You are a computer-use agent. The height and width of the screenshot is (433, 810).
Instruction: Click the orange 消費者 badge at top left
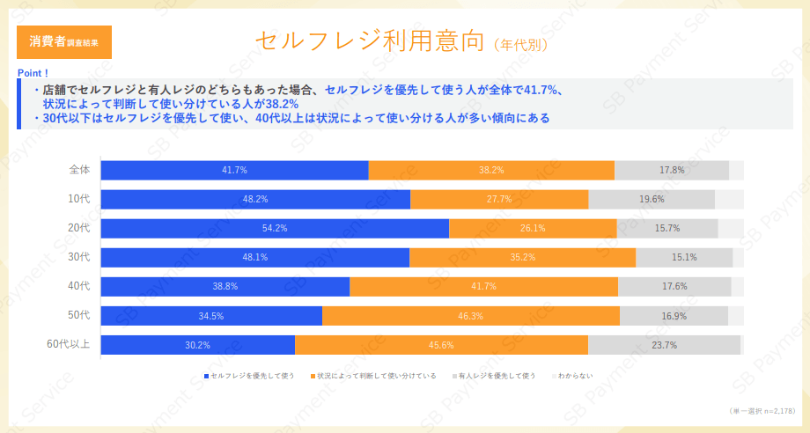tap(64, 41)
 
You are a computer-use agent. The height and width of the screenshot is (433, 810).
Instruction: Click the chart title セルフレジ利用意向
tap(370, 40)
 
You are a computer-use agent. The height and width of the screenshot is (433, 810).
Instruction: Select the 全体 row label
tap(79, 170)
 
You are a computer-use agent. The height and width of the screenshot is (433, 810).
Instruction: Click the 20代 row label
tap(79, 228)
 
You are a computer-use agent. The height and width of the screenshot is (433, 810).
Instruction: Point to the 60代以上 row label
tap(68, 344)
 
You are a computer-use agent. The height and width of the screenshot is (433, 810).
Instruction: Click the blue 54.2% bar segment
tap(275, 228)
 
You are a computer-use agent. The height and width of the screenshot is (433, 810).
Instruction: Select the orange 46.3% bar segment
tap(471, 315)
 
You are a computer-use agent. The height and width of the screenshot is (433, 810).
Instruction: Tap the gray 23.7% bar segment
tap(664, 344)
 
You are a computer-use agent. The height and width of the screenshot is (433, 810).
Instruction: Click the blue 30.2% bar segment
tap(197, 344)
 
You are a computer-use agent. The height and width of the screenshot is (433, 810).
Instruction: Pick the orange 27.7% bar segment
tap(499, 199)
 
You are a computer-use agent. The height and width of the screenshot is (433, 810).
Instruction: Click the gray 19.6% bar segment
tap(652, 199)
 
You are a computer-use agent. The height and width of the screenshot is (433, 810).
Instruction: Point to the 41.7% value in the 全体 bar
tap(234, 170)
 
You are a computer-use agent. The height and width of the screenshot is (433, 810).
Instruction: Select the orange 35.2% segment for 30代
tap(522, 257)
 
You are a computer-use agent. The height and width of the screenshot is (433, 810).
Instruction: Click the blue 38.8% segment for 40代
tap(225, 286)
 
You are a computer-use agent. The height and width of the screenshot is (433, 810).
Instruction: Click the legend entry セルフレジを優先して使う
tap(250, 376)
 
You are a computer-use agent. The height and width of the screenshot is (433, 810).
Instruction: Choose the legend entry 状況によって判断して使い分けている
tap(373, 376)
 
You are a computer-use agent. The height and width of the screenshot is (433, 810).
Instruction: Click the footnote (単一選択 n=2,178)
tap(762, 411)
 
